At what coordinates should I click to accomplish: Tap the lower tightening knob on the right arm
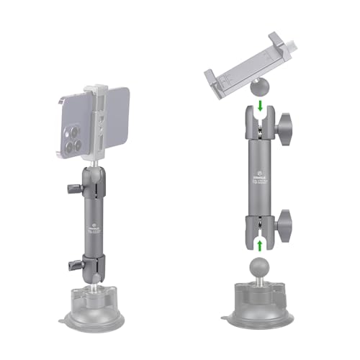click(x=289, y=222)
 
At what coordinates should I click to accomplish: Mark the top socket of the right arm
click(x=260, y=126)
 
